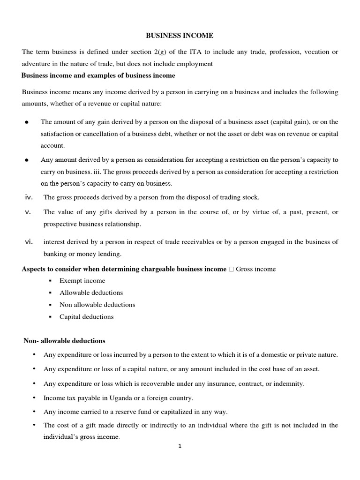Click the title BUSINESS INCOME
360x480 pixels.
(180, 35)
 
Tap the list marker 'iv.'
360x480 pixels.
(28, 197)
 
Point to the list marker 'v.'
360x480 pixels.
(27, 212)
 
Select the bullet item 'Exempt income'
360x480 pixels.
(82, 281)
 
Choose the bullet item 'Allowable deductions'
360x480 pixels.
(91, 292)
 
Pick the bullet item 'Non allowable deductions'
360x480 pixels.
(97, 305)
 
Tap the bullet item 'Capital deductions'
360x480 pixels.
(86, 317)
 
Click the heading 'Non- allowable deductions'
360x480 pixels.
(65, 340)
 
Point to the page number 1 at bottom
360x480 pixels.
(180, 446)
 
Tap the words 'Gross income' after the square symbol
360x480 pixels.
(256, 269)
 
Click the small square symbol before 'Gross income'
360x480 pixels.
(232, 269)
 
